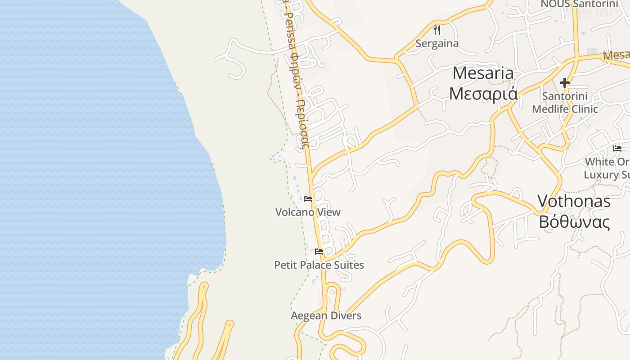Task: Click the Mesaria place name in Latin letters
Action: pos(483,73)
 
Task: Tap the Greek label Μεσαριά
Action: pos(483,94)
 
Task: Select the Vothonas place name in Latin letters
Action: pos(574,201)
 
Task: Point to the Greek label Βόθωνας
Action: pos(574,222)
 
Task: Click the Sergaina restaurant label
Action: pos(437,44)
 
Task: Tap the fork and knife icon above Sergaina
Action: pos(436,30)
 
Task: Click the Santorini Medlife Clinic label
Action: pos(565,103)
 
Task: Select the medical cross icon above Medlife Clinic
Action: pos(564,83)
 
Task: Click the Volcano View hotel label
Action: pos(308,212)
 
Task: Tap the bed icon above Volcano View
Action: pos(308,198)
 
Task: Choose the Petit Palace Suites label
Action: pos(319,265)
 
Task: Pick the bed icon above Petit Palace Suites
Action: pos(319,252)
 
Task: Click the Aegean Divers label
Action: pos(326,315)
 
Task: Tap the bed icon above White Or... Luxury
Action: pos(617,148)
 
